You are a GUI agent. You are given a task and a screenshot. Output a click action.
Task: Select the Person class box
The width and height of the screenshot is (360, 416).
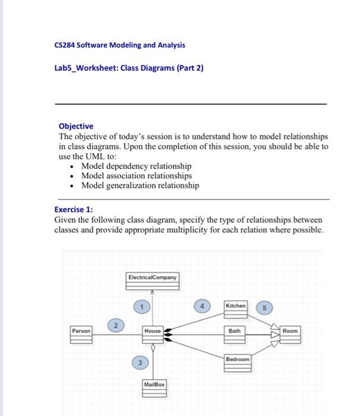81,335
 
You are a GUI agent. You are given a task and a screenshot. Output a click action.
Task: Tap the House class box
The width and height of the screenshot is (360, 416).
153,334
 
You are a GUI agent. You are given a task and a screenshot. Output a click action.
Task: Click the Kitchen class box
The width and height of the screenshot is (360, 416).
235,309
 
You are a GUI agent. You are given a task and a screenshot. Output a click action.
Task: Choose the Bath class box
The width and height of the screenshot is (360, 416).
236,334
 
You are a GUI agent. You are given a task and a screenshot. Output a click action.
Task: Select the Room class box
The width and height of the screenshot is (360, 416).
291,335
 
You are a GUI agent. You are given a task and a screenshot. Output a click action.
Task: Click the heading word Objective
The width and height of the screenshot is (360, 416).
75,126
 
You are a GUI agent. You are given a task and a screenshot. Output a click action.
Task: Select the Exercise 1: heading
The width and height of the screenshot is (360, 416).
74,209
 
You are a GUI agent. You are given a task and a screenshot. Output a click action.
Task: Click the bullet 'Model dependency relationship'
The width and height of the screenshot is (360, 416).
136,166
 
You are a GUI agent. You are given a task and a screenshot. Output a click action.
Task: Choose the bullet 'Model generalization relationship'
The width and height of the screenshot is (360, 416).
140,185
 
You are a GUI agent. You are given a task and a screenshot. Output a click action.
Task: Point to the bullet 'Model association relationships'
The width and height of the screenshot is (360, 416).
137,176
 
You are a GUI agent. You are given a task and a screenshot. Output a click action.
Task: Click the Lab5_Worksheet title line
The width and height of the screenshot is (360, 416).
128,68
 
